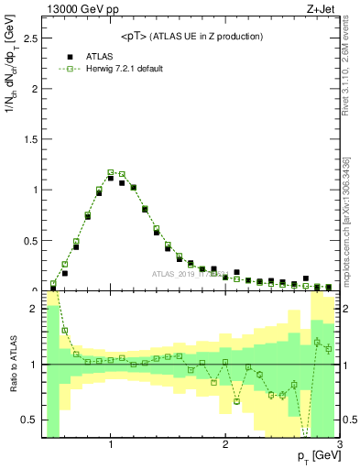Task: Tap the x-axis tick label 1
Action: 110,446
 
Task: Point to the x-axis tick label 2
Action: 225,446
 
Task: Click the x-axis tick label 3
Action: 339,446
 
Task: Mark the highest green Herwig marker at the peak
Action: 110,171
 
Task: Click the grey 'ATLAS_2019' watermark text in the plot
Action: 174,273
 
